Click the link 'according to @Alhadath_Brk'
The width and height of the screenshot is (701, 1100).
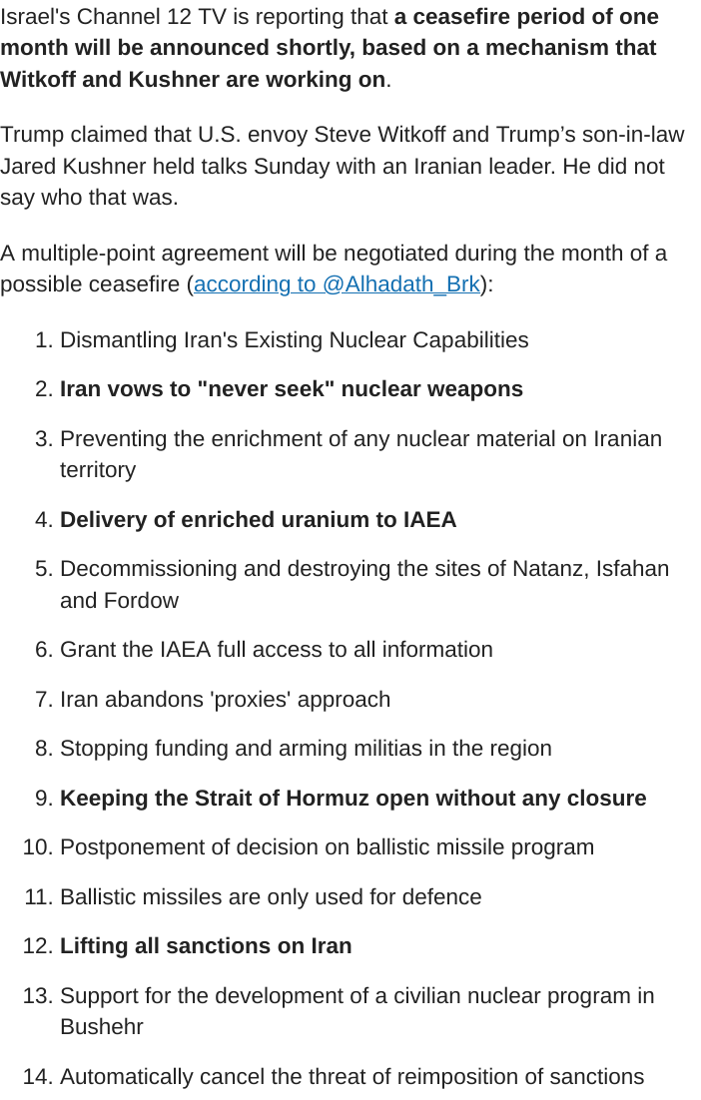click(337, 284)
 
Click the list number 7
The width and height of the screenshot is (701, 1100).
click(43, 700)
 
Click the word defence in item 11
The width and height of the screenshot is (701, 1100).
click(441, 897)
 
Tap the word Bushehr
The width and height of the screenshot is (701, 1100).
click(102, 1027)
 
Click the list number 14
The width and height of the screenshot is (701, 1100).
click(37, 1077)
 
